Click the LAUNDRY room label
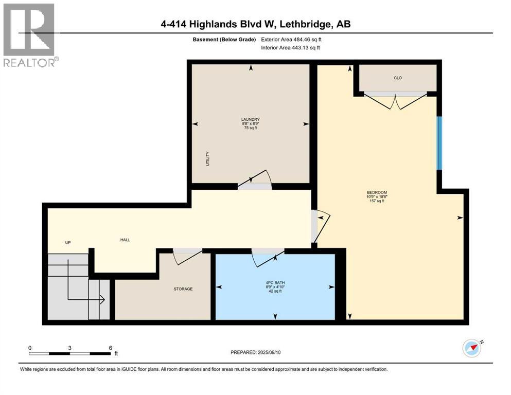pyautogui.click(x=251, y=119)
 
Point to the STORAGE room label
pyautogui.click(x=183, y=289)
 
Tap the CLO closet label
pyautogui.click(x=397, y=78)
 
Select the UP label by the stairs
pyautogui.click(x=67, y=243)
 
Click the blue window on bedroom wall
pyautogui.click(x=439, y=143)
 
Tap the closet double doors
pyautogui.click(x=395, y=101)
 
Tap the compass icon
pyautogui.click(x=471, y=348)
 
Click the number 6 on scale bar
pyautogui.click(x=110, y=348)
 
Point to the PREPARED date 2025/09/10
pyautogui.click(x=256, y=352)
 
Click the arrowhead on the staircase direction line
pyautogui.click(x=103, y=299)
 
